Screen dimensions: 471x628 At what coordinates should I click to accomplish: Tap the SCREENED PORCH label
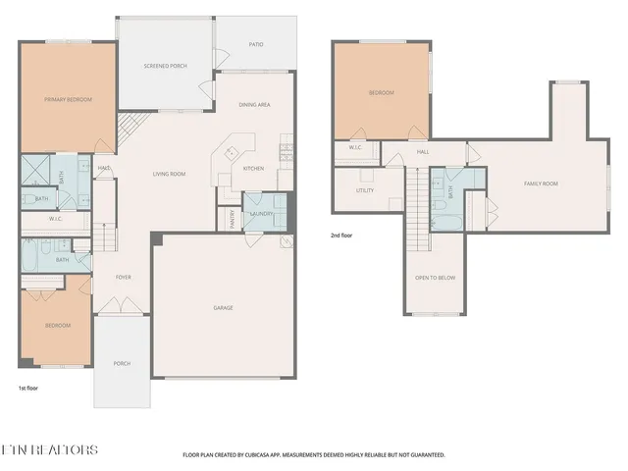(x=165, y=66)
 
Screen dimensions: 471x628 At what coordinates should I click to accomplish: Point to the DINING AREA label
(x=255, y=105)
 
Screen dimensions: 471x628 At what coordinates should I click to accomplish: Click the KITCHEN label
(x=253, y=168)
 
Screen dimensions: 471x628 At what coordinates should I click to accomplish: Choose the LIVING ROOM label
(x=169, y=175)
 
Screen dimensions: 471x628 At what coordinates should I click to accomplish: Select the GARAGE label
(x=223, y=308)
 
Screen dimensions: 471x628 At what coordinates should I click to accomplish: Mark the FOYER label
(x=124, y=277)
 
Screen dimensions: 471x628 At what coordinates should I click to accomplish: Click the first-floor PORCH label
(x=122, y=364)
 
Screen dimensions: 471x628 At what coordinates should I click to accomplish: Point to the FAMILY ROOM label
(x=540, y=183)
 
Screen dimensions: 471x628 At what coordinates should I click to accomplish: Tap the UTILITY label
(x=365, y=190)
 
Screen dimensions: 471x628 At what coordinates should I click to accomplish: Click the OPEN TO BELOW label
(x=435, y=278)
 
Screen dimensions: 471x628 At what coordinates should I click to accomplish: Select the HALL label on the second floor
(x=423, y=152)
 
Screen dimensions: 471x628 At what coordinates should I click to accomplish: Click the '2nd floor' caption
(x=340, y=235)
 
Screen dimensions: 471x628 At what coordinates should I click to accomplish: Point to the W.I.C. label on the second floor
(x=355, y=147)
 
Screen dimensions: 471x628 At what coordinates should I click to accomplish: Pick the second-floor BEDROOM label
(x=381, y=93)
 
